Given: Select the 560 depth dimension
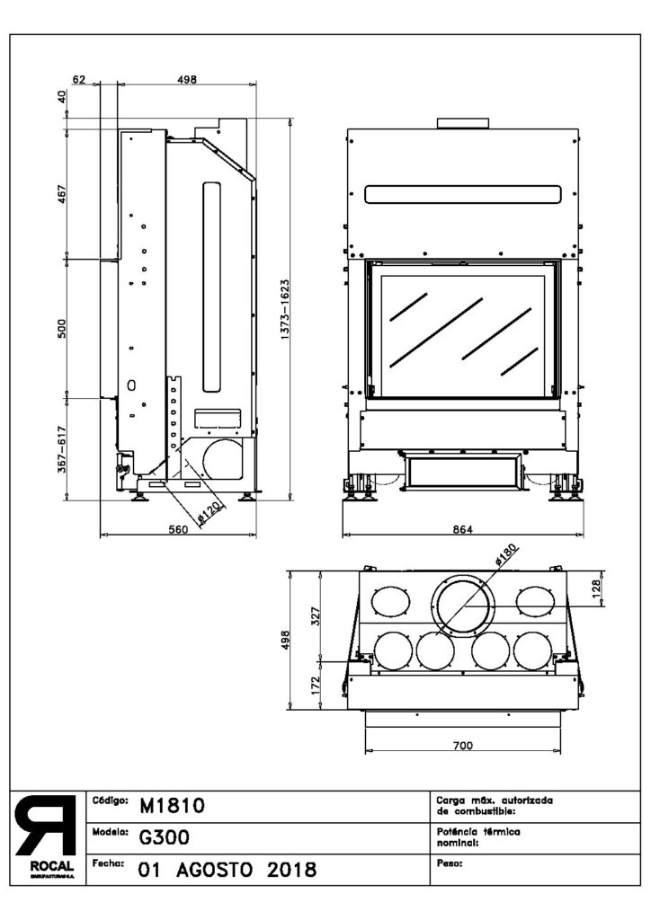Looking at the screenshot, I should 177,529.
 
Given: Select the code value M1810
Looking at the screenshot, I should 173,806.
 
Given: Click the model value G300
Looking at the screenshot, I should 163,838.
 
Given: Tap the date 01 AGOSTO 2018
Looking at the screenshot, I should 226,870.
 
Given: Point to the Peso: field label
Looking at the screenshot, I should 448,863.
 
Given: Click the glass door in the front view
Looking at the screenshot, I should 461,329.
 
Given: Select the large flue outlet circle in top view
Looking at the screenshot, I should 462,606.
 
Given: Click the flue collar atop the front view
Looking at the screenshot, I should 461,122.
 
